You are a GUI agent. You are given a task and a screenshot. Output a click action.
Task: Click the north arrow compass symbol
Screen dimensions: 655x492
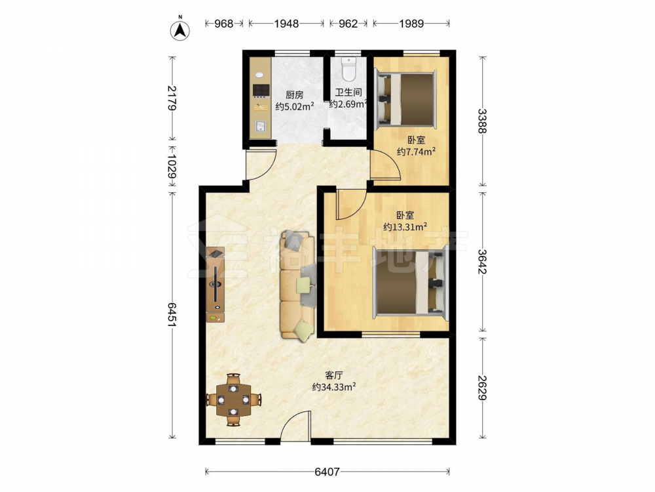point(180,30)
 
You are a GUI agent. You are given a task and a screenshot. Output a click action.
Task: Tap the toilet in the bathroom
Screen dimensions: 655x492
point(348,69)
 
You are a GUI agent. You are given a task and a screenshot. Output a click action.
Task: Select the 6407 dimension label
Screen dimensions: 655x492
point(327,472)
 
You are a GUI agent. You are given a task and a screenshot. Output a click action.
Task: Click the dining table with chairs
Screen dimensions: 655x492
point(234,400)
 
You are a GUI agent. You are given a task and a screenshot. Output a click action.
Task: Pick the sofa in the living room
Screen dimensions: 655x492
point(297,285)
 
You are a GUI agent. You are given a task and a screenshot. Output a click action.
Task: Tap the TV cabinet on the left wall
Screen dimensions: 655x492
point(215,285)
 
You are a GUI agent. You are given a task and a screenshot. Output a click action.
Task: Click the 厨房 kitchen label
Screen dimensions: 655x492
point(295,95)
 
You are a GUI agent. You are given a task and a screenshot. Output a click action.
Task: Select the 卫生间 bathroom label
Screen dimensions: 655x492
point(348,92)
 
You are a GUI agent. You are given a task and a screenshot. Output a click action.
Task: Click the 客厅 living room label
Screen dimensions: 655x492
point(334,375)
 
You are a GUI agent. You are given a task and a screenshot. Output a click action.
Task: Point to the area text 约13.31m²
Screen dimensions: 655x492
point(405,227)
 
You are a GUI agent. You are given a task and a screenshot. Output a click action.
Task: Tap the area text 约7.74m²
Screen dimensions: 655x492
point(416,152)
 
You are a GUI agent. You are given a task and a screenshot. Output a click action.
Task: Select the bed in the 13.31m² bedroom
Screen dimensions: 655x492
point(410,282)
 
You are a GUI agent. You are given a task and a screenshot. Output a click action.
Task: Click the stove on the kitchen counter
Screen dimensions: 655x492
point(261,91)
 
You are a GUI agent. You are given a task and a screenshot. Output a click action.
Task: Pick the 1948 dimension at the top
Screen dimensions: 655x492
point(286,24)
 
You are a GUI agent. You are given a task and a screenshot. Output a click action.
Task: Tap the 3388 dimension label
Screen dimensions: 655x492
point(482,121)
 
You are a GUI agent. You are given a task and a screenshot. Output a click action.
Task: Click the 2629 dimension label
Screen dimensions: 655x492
point(482,388)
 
